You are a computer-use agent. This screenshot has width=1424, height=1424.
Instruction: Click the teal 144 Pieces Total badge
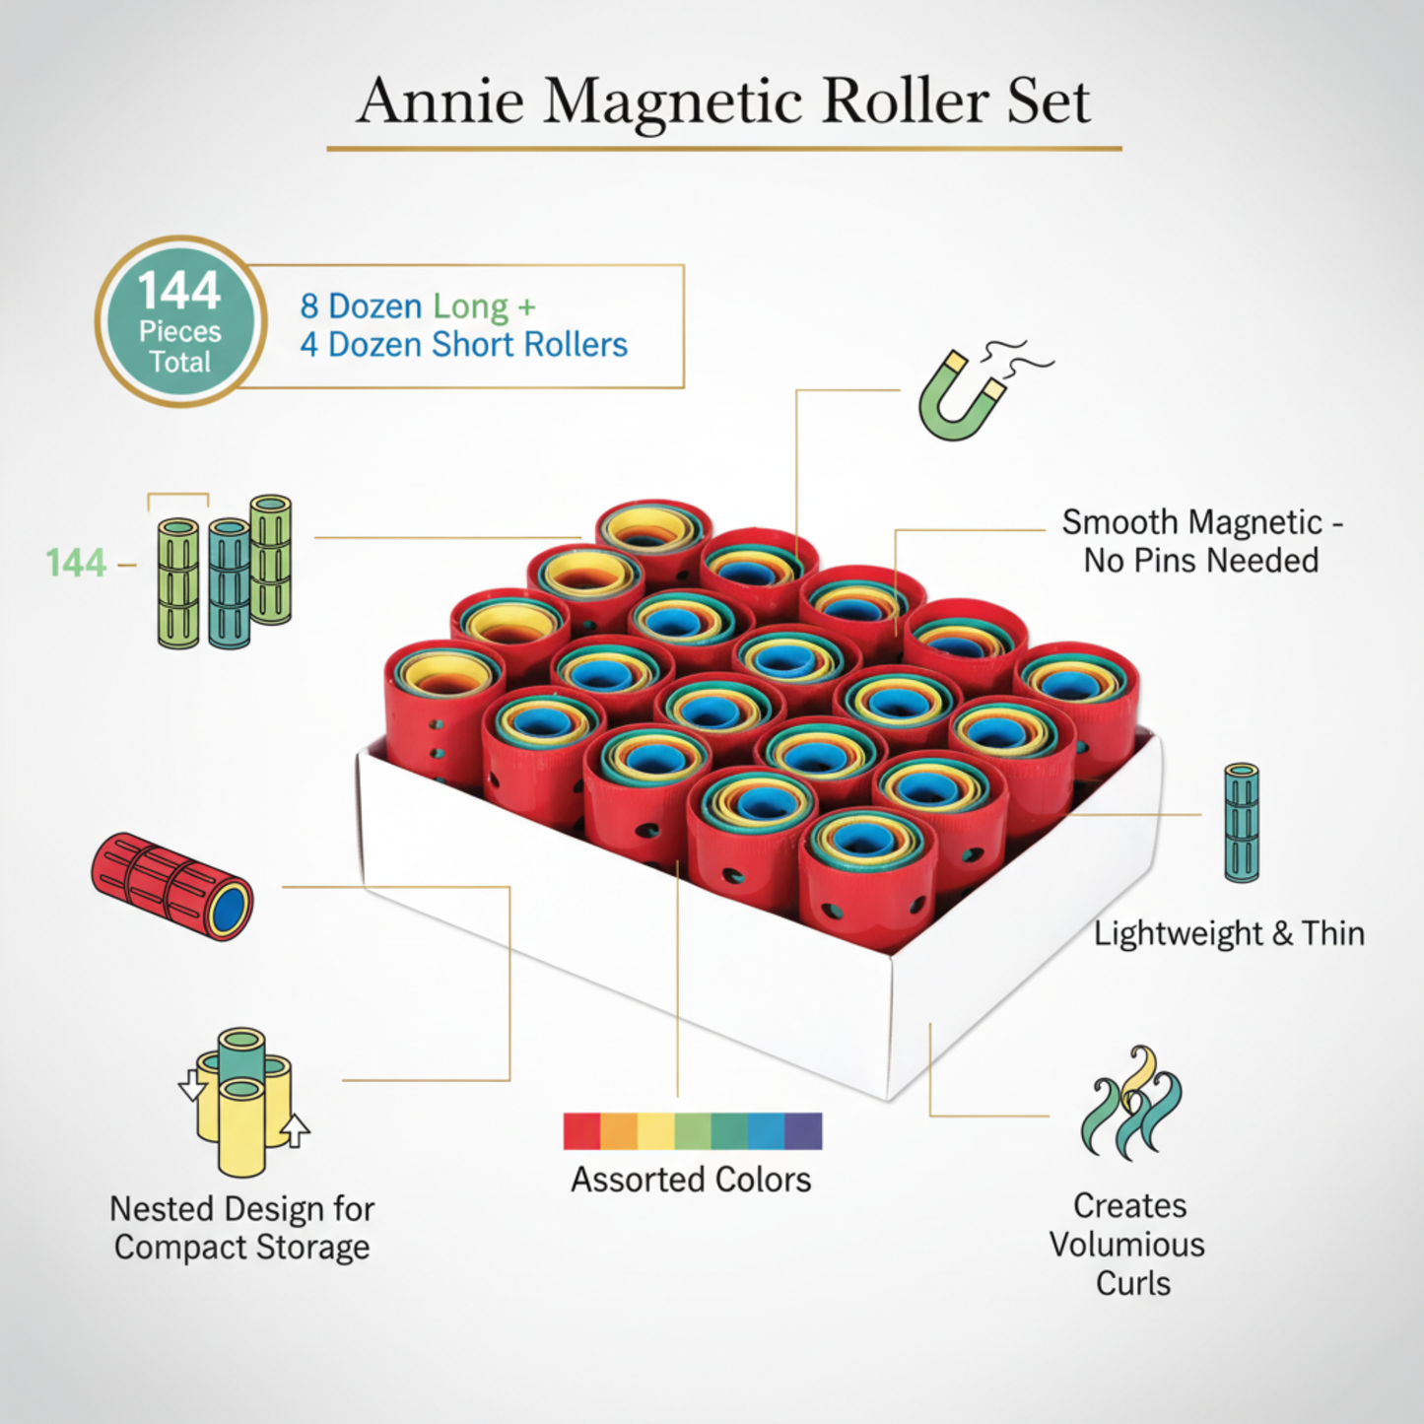point(180,321)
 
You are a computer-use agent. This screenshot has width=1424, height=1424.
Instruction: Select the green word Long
point(471,306)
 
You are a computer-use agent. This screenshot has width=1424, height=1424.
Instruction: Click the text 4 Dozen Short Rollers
point(463,345)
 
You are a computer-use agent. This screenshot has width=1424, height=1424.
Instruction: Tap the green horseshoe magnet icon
point(961,396)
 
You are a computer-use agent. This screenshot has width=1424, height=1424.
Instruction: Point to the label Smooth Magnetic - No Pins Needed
point(1201,541)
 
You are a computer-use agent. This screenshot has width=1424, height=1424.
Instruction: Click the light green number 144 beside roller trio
point(76,563)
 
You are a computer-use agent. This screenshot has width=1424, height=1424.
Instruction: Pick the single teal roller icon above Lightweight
point(1241,822)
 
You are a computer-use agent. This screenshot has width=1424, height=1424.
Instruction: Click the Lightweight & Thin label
point(1229,933)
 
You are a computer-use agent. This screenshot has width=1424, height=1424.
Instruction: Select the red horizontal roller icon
point(172,886)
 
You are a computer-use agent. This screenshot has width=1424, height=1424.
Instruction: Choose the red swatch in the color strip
point(581,1131)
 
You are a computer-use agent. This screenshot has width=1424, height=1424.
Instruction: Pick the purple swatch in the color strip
point(803,1131)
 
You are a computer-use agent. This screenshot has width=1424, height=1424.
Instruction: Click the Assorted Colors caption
point(691,1180)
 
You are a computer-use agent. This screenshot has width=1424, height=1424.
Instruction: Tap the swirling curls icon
point(1131,1103)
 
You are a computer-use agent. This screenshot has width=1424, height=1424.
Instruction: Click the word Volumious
point(1126,1245)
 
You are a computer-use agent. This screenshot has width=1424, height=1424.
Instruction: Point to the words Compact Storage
point(241,1248)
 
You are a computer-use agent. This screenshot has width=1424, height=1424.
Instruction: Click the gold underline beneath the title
point(724,149)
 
